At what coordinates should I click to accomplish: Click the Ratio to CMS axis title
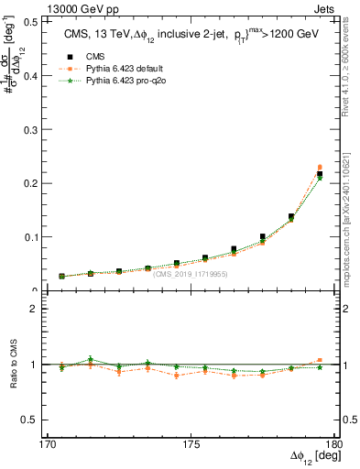tap(16, 365)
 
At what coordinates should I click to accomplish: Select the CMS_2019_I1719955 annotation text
tap(190, 273)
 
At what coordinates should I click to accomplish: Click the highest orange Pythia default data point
tap(320, 168)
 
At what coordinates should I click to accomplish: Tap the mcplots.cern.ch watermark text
tap(352, 215)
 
